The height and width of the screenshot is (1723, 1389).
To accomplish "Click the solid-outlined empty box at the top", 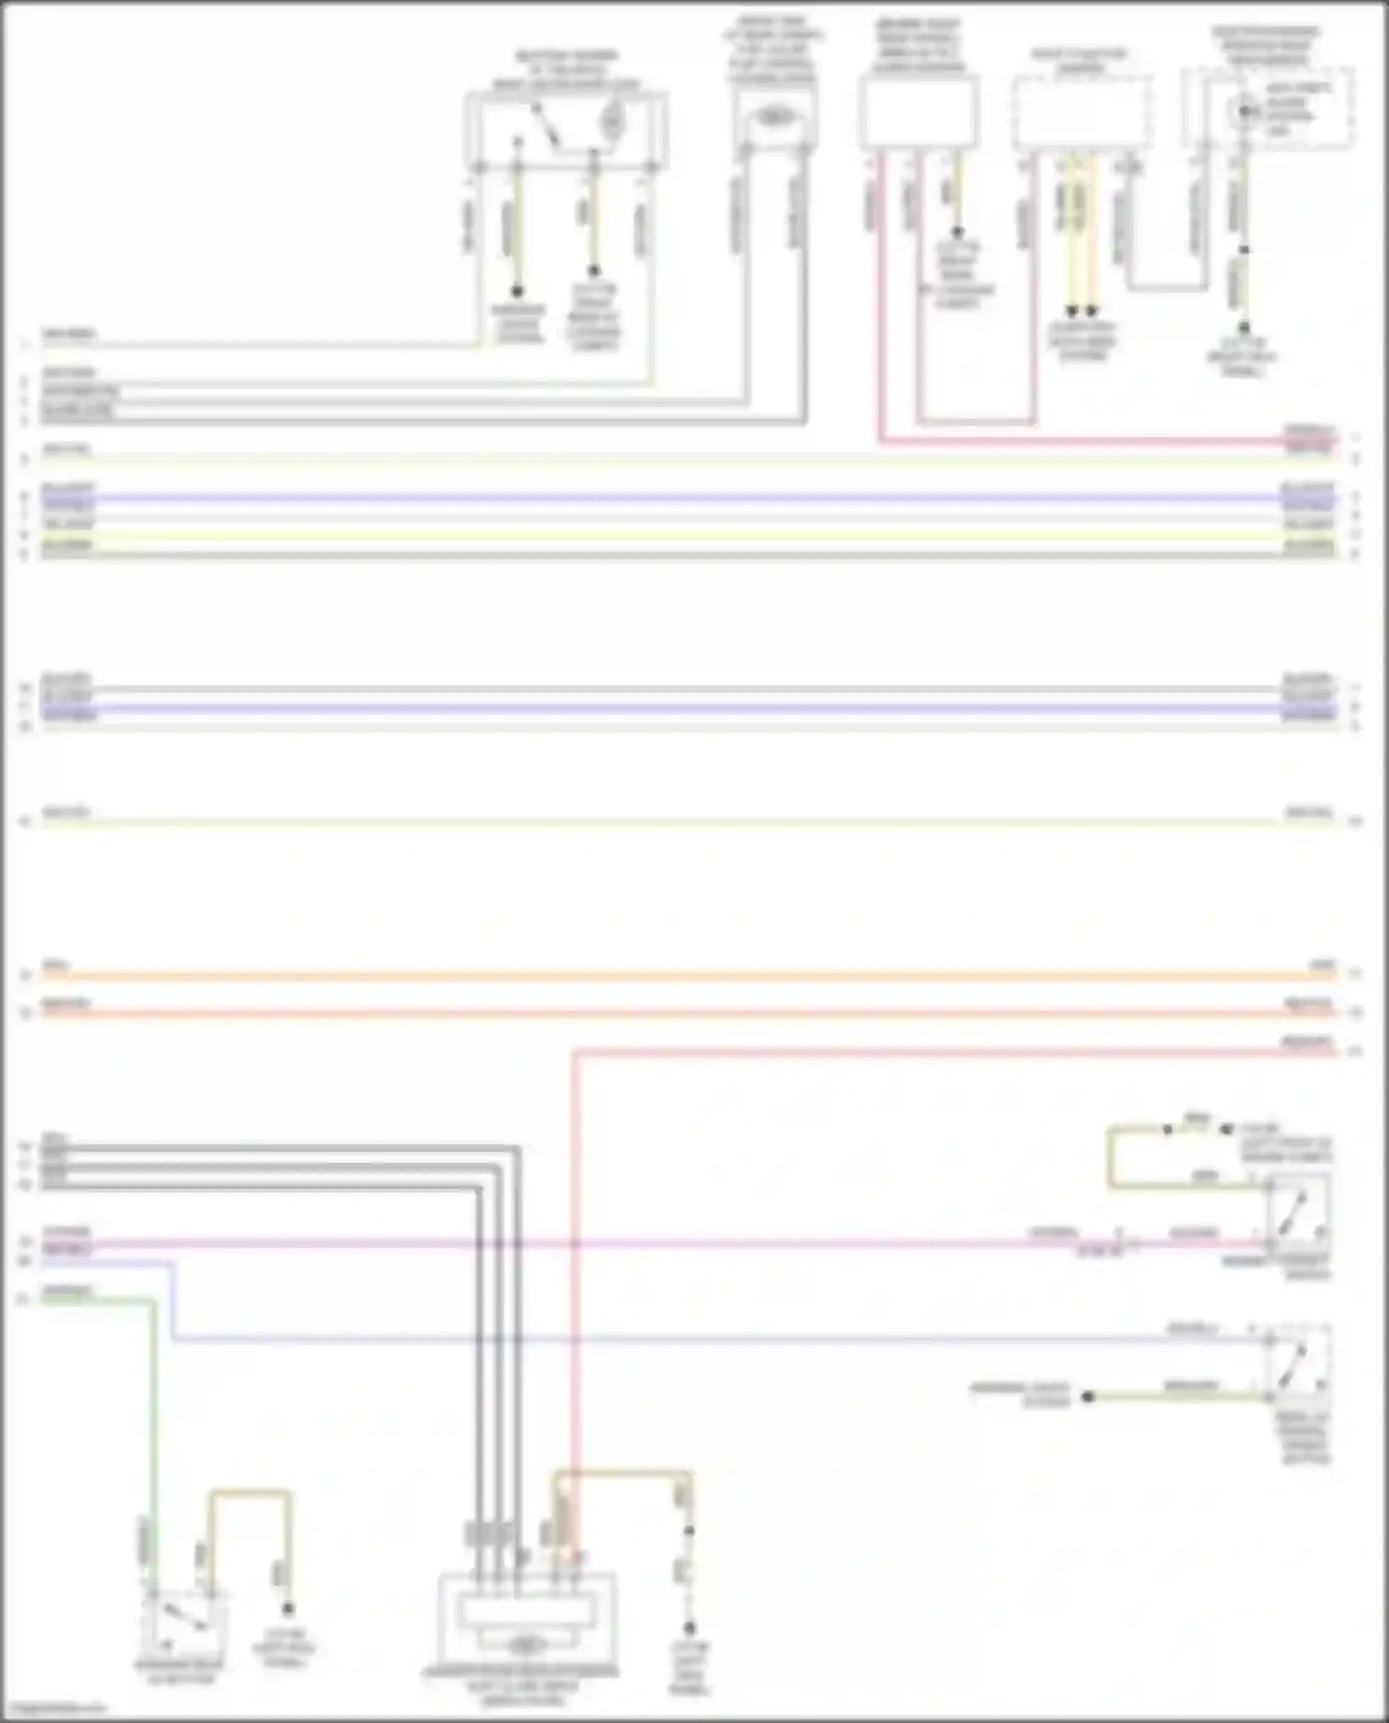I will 918,113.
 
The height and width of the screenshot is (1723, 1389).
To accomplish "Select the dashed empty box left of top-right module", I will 1082,113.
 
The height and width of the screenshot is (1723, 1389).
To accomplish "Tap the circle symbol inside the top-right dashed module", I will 1245,112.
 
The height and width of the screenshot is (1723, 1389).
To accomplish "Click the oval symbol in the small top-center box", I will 774,117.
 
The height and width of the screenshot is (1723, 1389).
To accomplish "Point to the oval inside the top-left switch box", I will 612,119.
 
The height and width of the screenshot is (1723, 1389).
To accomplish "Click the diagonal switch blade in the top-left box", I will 544,127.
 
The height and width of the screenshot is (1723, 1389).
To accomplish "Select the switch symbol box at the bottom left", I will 183,1626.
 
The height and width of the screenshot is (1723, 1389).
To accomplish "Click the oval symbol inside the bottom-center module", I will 525,1645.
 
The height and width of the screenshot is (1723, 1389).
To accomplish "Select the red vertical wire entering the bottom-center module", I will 574,1296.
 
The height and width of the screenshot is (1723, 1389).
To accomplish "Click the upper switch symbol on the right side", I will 1298,1212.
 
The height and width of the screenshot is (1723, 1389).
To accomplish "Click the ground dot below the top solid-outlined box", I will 957,232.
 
